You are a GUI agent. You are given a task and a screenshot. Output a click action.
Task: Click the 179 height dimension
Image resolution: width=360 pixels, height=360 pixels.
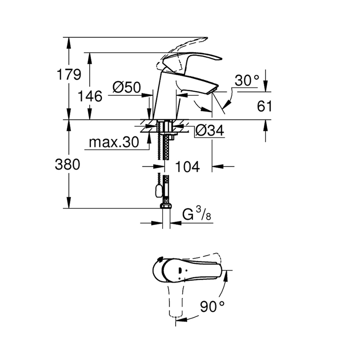(x=69, y=75)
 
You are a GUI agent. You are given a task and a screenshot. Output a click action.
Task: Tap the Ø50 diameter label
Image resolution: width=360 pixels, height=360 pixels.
(x=127, y=88)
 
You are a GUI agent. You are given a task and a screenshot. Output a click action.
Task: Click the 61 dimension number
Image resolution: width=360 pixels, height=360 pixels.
(x=264, y=106)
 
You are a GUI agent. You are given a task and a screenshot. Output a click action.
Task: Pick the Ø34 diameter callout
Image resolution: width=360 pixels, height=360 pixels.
(x=209, y=132)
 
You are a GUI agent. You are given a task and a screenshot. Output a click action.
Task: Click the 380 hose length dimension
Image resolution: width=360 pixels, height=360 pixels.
(x=67, y=164)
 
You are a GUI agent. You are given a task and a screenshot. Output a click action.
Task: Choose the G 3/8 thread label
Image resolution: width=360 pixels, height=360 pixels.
(x=197, y=215)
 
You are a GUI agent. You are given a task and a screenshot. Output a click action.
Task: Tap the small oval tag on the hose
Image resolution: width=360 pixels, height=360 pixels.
(x=159, y=191)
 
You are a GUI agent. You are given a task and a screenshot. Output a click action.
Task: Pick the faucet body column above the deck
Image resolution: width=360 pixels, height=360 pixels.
(x=162, y=97)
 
